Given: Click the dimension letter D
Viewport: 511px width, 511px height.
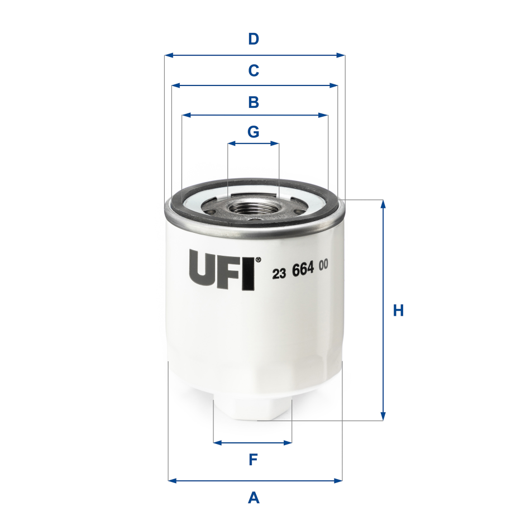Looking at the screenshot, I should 254,40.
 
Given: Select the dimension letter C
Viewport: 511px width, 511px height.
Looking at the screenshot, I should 254,71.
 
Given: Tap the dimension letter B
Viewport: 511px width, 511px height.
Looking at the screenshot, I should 254,102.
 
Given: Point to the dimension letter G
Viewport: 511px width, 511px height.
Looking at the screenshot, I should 254,132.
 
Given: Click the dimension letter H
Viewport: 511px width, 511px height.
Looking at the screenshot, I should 398,311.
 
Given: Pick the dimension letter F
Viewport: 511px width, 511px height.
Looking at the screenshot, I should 253,460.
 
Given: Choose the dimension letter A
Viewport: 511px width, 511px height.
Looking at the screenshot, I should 254,496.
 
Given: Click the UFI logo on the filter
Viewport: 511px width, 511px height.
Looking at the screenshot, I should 222,269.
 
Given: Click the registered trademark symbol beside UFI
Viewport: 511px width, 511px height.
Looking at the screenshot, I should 258,259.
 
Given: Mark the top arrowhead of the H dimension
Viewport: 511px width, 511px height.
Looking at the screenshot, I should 383,204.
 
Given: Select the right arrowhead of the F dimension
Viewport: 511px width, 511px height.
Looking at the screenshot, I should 288,443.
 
